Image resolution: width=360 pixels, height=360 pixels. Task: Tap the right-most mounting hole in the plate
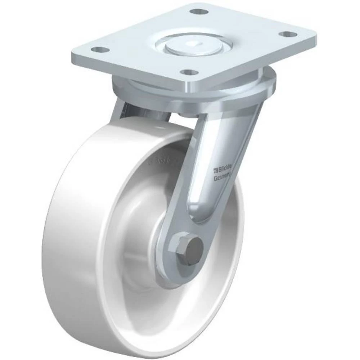pos(287,34)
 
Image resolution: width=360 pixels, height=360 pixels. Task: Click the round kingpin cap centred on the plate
pos(194,46)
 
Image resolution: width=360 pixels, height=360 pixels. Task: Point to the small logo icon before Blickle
pos(216,168)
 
